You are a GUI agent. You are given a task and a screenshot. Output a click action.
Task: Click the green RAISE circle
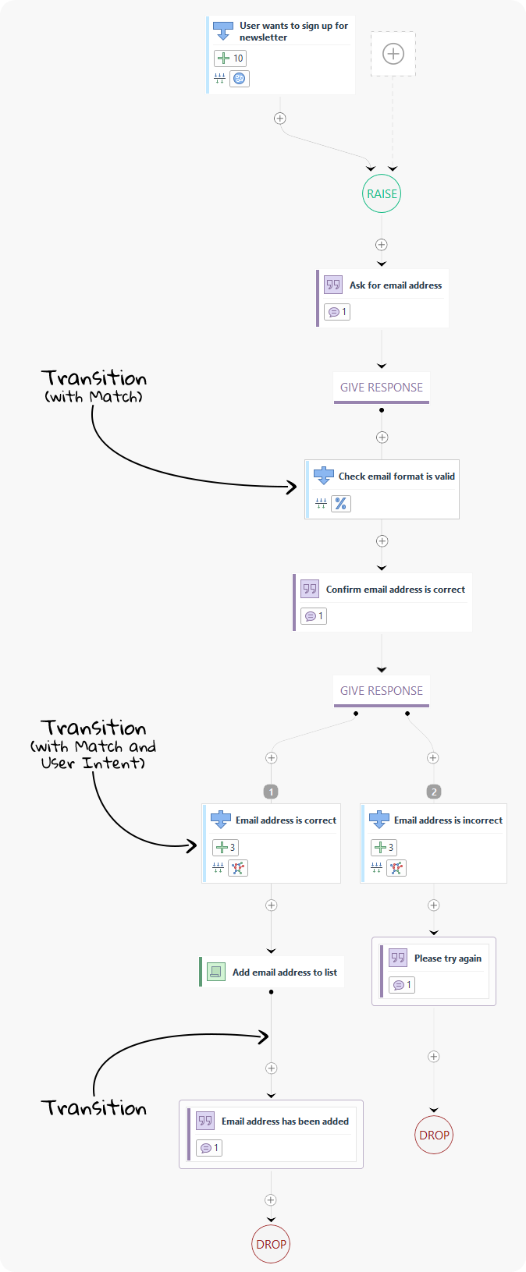[382, 194]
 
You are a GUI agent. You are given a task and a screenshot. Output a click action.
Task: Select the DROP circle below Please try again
[434, 1136]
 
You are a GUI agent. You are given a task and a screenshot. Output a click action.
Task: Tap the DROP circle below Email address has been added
[271, 1244]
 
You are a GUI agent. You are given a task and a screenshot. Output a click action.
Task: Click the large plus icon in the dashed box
[393, 54]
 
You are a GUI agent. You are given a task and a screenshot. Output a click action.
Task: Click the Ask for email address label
[395, 285]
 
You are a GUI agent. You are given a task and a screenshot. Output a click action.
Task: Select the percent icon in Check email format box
[340, 504]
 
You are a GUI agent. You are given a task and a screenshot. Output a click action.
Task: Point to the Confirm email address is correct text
[395, 590]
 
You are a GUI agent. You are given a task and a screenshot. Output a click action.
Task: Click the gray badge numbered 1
[271, 792]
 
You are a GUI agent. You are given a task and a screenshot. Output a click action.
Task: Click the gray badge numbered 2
[434, 792]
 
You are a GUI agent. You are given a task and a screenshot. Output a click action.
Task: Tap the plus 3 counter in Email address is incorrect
[384, 847]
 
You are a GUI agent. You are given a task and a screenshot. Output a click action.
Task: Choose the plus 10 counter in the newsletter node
[230, 58]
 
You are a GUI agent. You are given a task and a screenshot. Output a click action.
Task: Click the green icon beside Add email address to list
[215, 972]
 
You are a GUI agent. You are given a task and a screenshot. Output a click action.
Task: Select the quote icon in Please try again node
[398, 958]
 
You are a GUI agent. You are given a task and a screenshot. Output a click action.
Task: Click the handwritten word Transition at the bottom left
[94, 1108]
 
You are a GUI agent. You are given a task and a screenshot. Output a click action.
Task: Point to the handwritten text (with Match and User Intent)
[94, 754]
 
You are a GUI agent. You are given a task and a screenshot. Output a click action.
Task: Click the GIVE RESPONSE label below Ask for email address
[382, 388]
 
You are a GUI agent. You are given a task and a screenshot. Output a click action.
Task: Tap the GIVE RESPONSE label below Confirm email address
[382, 691]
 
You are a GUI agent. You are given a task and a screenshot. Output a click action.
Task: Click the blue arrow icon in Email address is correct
[221, 820]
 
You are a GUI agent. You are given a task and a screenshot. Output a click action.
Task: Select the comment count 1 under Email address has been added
[209, 1148]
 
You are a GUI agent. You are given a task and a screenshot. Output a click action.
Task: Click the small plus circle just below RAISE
[382, 245]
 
